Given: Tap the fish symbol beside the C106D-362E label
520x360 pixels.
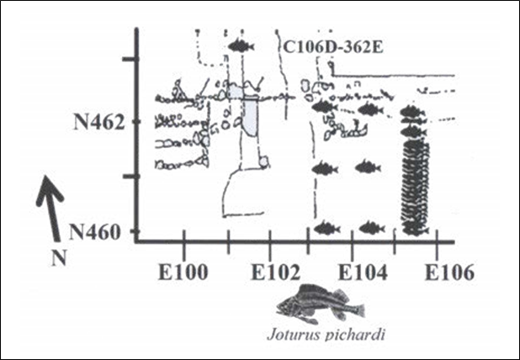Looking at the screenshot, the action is point(241,46).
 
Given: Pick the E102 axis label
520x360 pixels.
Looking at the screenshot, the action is point(268,273).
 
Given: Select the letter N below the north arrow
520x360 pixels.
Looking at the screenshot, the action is point(58,258).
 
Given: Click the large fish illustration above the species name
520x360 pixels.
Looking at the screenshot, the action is point(315,303).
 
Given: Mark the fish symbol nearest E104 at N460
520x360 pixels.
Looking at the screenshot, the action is point(368,227).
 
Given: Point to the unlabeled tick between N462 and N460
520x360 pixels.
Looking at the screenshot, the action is point(129,177).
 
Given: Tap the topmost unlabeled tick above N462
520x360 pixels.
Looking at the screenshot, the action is point(129,59).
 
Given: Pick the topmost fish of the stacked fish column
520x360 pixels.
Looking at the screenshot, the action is point(410,111).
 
